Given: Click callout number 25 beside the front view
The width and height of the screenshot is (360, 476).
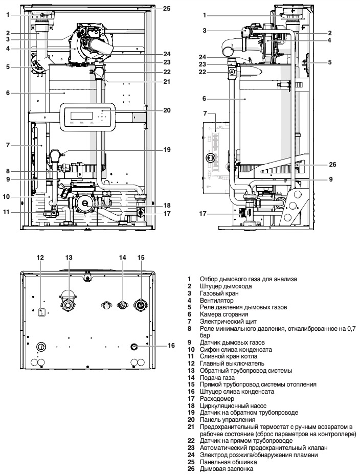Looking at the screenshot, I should click(167, 9).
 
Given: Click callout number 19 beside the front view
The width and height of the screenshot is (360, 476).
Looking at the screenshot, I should click(167, 150).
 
